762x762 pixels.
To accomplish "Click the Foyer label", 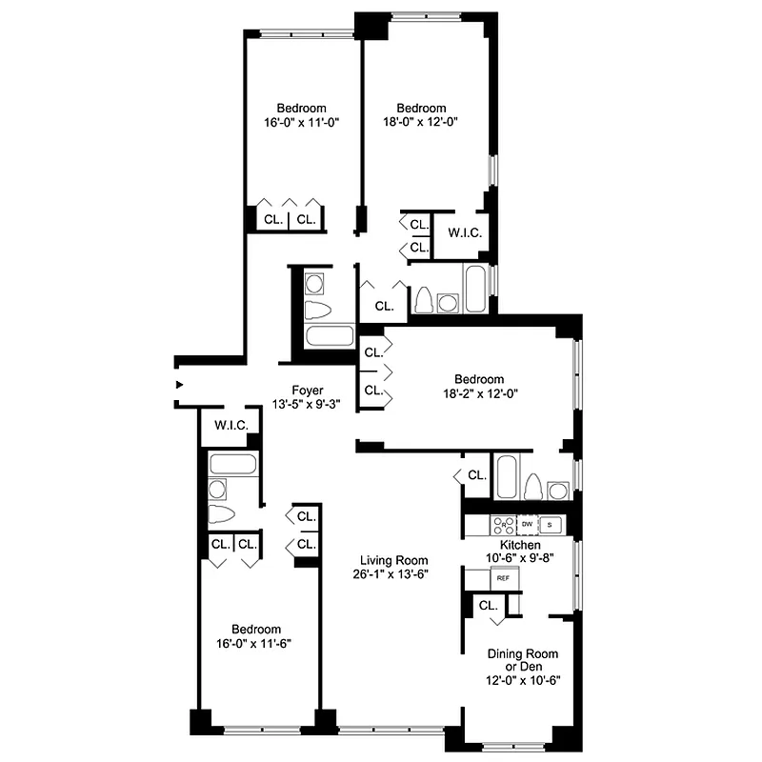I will coord(308,390).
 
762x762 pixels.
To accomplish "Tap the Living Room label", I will coord(393,560).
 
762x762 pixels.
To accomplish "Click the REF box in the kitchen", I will coord(502,577).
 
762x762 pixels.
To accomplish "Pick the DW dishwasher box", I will coord(527,524).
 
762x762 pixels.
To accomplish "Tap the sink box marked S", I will coord(551,524).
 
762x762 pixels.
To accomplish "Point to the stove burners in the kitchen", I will coord(502,524).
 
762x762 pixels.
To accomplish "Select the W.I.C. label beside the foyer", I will coord(231,426).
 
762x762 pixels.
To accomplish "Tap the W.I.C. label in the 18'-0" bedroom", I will coord(465,232).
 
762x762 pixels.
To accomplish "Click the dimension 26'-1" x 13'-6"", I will coord(393,574).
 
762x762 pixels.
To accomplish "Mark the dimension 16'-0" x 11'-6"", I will coord(256,643).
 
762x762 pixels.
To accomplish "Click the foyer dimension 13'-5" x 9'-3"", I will coord(308,404).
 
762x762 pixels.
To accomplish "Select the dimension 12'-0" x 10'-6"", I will coord(523,680).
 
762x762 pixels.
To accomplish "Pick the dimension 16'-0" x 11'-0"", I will coord(302,122).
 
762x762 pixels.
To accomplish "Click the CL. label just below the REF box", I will coord(488,605).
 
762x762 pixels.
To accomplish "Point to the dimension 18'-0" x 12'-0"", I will coord(421,122).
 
